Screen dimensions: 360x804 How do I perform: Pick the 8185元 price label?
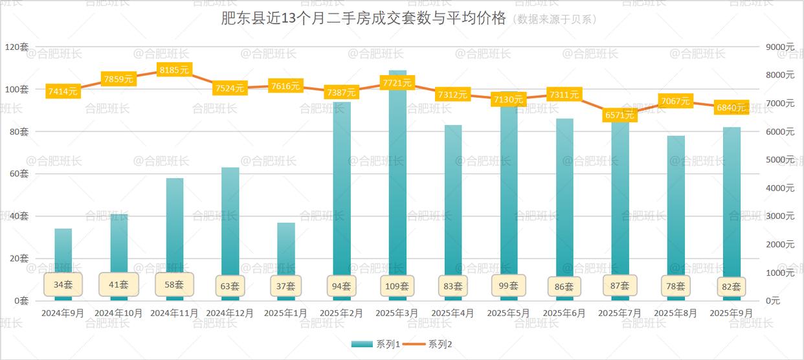[174, 70]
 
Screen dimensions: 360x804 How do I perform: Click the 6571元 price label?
[620, 115]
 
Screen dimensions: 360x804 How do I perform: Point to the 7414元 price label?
[63, 91]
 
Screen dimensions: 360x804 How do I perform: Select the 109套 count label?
[397, 286]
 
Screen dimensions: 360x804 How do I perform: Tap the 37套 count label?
[286, 286]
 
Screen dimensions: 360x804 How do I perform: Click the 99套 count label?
[509, 285]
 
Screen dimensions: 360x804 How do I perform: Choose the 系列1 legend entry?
[371, 344]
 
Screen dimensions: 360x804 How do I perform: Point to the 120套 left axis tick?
[16, 47]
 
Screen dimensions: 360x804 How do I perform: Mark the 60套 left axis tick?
[19, 174]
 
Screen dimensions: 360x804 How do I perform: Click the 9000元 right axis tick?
[780, 47]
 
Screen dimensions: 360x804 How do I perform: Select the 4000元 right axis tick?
[780, 188]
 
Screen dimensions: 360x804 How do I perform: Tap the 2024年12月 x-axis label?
[230, 313]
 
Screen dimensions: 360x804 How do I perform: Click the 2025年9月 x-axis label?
[731, 313]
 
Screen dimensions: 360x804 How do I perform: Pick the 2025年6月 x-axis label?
[564, 313]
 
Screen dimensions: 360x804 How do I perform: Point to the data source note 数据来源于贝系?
[555, 19]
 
